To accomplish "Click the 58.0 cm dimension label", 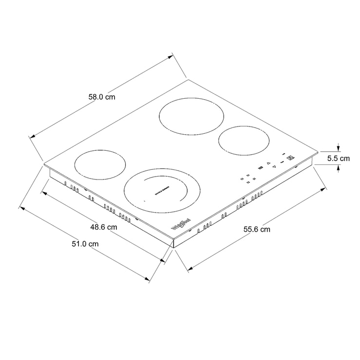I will pos(101,96).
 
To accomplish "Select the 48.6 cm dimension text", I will pos(104,227).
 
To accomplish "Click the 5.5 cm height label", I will pos(339,159).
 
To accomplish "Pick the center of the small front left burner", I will pos(99,164).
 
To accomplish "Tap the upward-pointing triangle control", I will pos(268,163).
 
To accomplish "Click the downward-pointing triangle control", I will pos(274,167).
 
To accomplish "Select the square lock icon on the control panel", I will pos(291,157).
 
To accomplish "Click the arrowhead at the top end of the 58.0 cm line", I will pos(171,57).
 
